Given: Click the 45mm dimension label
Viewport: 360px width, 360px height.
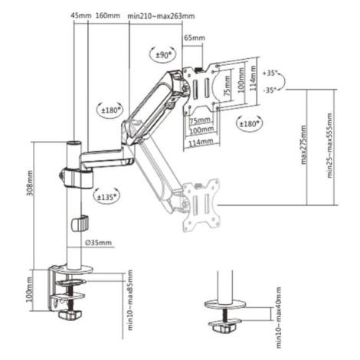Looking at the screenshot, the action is pos(80,15).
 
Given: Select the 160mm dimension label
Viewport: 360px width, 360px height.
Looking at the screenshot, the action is pos(107,15).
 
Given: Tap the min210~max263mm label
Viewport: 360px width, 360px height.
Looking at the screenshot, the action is pos(161,16).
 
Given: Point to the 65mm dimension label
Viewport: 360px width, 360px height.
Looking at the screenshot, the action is pos(195,38).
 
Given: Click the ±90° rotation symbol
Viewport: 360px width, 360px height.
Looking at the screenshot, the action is pos(162,54).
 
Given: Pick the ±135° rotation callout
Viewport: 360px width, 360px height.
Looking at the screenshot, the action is pos(106,197).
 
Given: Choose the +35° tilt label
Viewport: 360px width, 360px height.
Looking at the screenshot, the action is pos(270,73).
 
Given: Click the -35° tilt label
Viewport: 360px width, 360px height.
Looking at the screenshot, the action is pos(270,90).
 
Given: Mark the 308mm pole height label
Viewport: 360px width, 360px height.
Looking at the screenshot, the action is pos(30,183).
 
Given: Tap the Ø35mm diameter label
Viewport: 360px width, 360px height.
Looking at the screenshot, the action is pos(99,243).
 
